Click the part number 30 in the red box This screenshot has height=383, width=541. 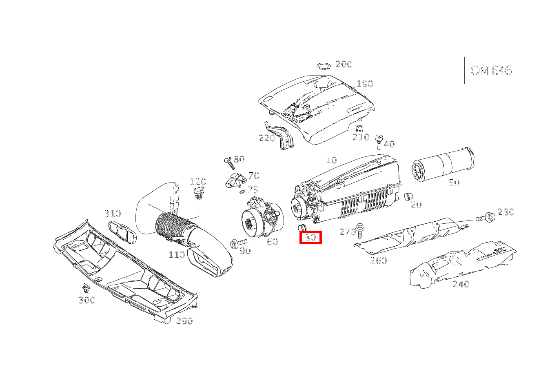pos(310,237)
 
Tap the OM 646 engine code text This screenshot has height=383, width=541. pos(491,70)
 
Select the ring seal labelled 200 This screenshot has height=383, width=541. pos(324,66)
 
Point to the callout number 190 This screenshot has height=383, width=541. pos(365,84)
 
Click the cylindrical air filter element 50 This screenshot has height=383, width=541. pos(442,165)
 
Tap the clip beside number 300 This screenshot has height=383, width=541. pos(86,288)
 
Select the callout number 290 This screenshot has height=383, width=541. pos(184,321)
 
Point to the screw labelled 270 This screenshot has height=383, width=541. pos(360,230)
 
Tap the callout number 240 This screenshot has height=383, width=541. pos(461,284)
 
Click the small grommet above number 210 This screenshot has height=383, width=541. pos(359,128)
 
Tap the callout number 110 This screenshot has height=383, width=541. pos(177,255)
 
